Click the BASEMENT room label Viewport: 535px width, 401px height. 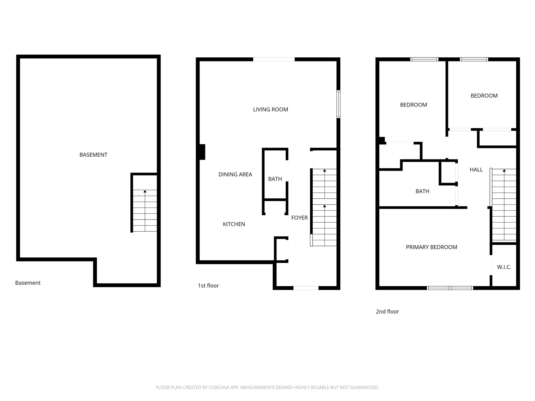pos(93,155)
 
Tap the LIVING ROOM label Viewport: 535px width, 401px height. pos(270,110)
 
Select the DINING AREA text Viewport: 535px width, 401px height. pos(235,174)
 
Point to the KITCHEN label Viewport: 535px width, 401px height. pos(234,224)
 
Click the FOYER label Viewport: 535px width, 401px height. pos(299,218)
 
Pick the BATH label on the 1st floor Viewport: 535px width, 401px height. pos(275,179)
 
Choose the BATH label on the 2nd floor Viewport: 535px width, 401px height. pos(422,191)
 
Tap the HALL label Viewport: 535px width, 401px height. pos(476,170)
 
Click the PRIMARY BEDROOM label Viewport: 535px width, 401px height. pos(431,247)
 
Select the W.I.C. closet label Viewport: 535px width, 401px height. pos(504,267)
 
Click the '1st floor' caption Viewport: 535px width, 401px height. pos(208,286)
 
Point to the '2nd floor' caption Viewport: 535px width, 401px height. pos(387,311)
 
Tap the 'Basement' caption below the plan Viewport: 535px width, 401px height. pos(28,283)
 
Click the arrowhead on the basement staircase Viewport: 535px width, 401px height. pos(145,191)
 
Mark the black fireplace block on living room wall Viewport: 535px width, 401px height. pos(202,152)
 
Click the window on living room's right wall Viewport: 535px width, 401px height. pos(338,104)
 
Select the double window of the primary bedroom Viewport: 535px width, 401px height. pos(450,288)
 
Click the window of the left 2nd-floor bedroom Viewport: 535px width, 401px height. pos(424,59)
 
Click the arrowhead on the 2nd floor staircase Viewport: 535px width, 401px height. pos(504,170)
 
